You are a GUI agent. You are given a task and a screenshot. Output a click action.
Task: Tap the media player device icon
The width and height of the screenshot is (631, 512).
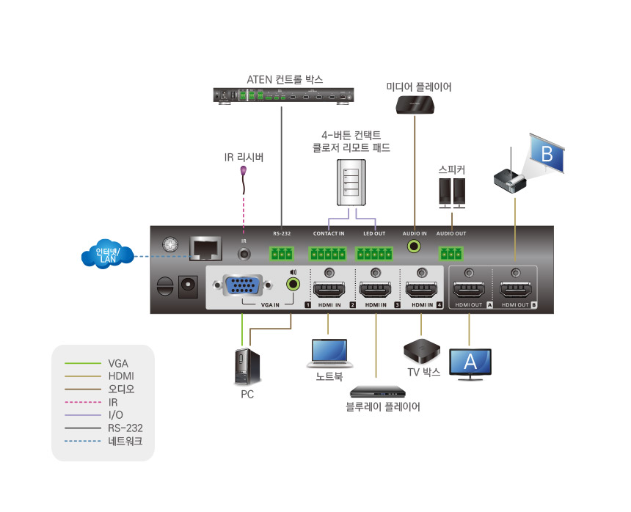pyautogui.click(x=415, y=104)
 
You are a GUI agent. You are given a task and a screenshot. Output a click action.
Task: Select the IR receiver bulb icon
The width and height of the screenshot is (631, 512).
pyautogui.click(x=244, y=171)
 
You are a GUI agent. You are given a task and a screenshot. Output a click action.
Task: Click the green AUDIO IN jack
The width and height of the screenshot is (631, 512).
pyautogui.click(x=415, y=248)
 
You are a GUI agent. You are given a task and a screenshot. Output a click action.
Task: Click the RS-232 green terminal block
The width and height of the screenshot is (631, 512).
pyautogui.click(x=281, y=253)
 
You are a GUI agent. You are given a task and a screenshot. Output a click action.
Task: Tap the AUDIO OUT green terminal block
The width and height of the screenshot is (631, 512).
pyautogui.click(x=451, y=253)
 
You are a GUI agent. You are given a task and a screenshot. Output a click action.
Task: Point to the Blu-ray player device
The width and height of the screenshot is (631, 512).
pyautogui.click(x=377, y=391)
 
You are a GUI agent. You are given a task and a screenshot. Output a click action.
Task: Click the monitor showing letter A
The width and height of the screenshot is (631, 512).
pyautogui.click(x=470, y=363)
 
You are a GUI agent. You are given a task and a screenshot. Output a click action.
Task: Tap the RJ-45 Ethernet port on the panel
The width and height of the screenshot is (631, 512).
pyautogui.click(x=205, y=248)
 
